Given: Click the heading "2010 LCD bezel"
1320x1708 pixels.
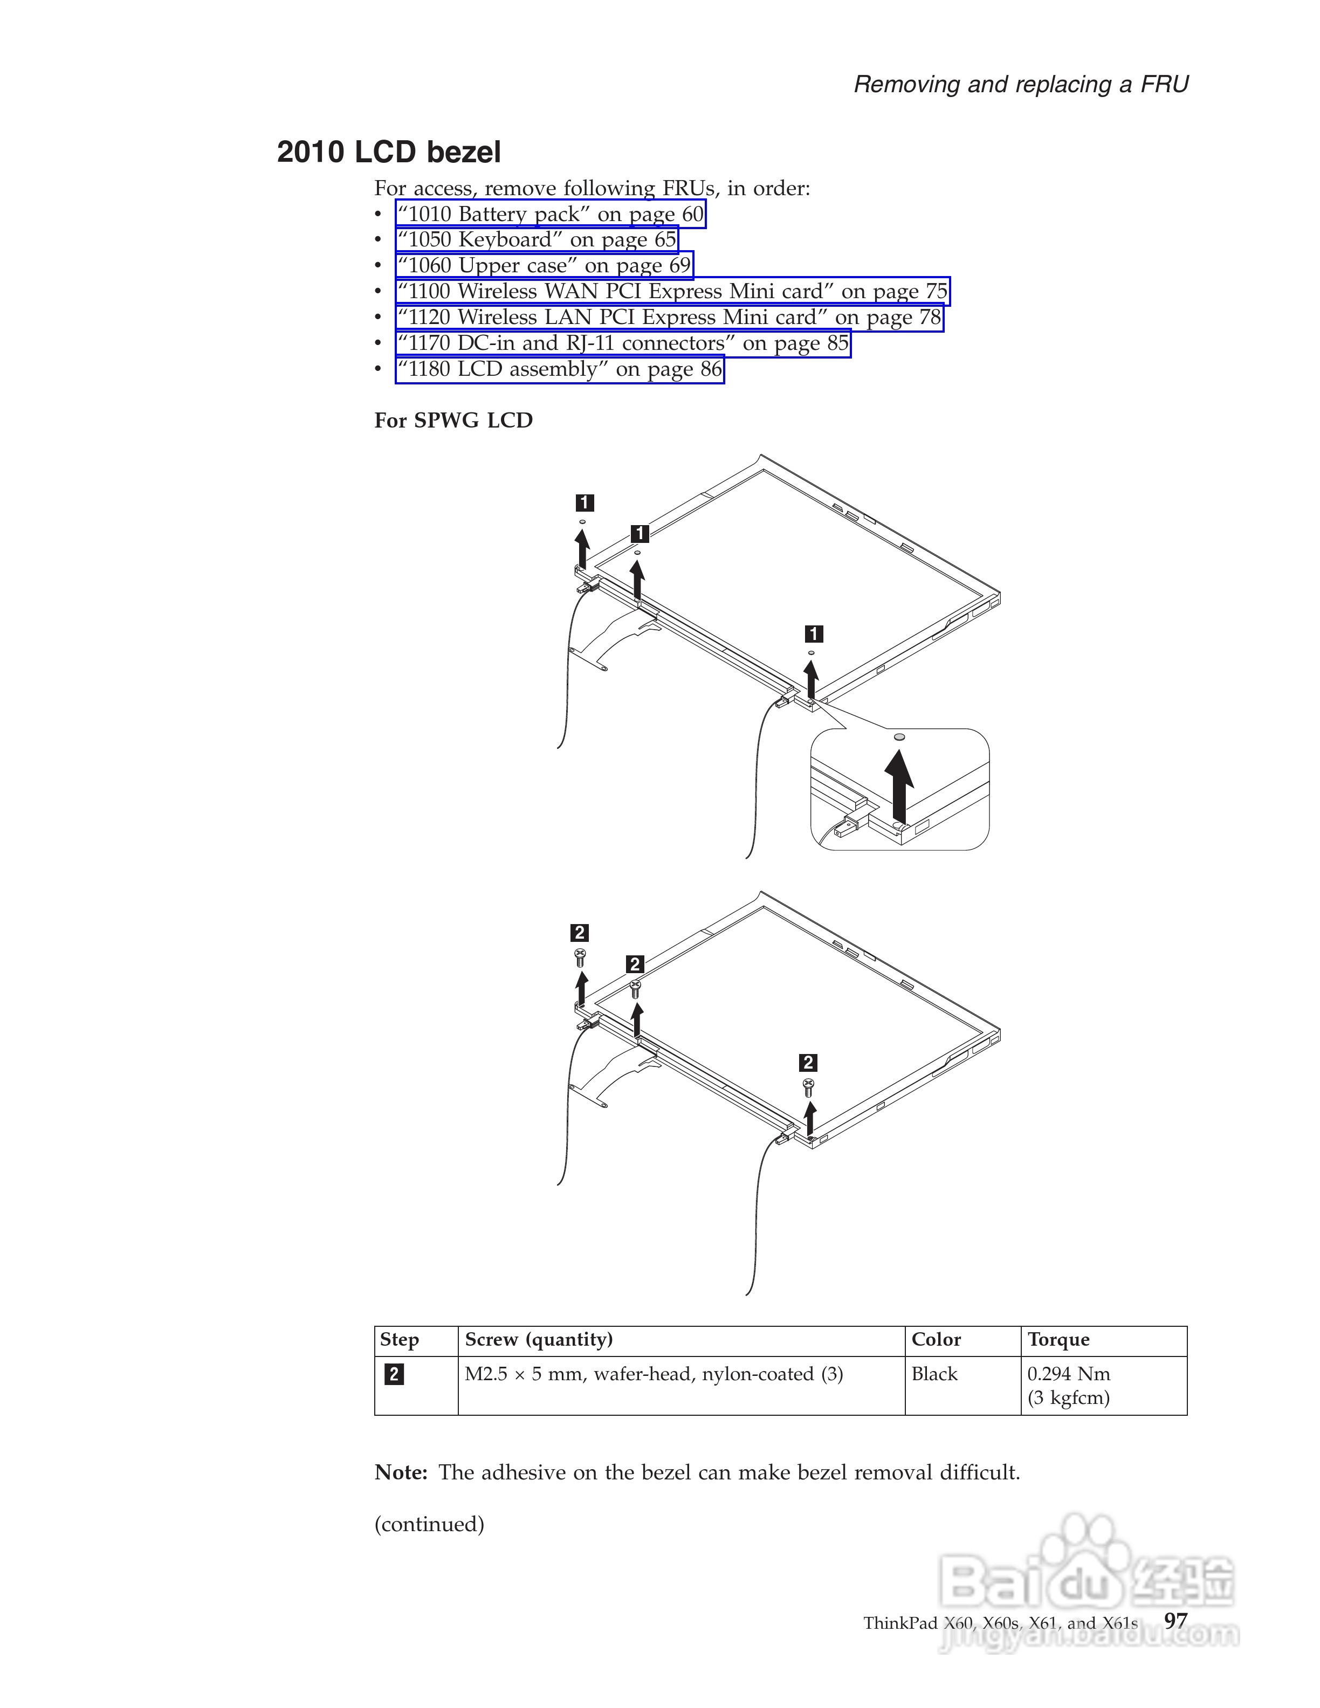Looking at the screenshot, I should click(389, 151).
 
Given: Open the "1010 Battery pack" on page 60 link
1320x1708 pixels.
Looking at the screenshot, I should click(550, 214).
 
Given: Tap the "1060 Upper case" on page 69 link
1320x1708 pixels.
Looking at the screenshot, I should click(544, 266).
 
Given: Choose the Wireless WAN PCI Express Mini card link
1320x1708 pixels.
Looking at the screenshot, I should click(672, 292).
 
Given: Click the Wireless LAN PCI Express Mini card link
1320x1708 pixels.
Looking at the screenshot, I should click(669, 318).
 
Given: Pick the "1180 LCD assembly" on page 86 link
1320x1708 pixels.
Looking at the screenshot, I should click(559, 369).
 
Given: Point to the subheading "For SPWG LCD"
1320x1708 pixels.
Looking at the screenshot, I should click(453, 421).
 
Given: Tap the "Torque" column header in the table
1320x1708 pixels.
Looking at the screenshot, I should click(1058, 1340).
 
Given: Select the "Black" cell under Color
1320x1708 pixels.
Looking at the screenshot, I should click(934, 1374).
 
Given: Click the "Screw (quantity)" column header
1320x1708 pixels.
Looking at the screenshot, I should click(538, 1340).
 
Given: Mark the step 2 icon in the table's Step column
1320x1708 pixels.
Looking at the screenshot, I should click(394, 1374).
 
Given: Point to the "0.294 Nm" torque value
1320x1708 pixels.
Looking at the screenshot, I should click(1068, 1374).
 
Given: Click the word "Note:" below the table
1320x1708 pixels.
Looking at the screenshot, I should click(401, 1472).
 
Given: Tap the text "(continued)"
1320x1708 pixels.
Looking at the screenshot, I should click(429, 1524).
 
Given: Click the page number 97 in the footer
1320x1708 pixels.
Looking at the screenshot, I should click(1175, 1621).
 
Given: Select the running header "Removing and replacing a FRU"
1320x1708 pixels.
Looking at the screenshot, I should click(1021, 85).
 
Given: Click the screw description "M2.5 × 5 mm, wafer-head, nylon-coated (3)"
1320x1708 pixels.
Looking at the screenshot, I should click(654, 1374).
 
